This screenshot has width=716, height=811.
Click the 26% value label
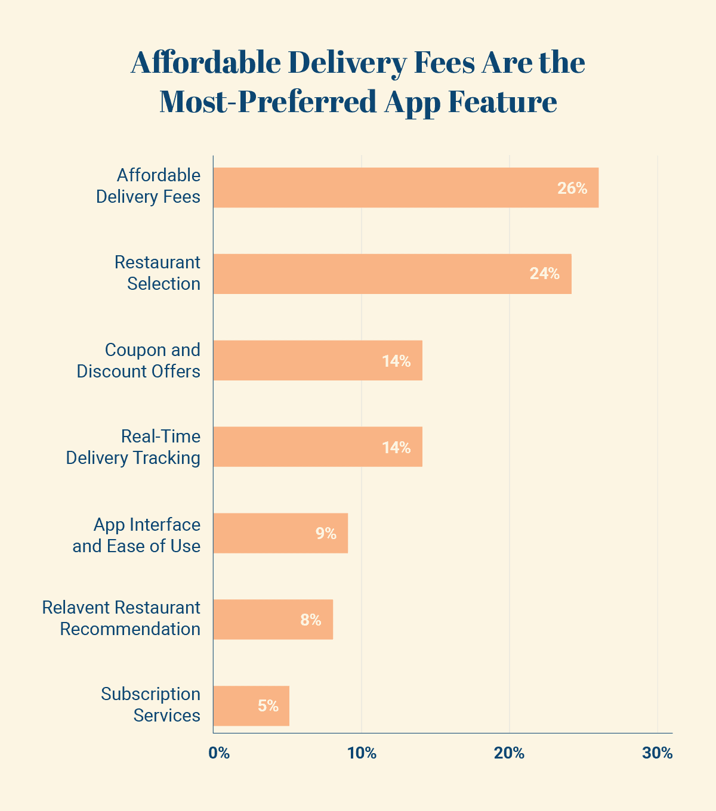572,188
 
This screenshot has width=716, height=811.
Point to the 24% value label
545,274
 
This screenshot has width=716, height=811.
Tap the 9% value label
326,534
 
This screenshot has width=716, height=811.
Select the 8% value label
311,620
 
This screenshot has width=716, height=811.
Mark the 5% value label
268,706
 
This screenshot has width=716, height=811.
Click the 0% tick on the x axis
219,753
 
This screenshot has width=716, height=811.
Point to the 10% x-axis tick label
362,753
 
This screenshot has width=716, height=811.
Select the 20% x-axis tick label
510,753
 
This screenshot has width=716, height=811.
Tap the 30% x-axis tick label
658,753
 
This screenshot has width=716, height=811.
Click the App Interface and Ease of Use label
137,535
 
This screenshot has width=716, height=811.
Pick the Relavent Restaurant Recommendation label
122,618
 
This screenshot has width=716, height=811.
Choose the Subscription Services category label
151,705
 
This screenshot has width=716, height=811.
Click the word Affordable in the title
206,63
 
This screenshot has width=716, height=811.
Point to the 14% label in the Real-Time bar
396,447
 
